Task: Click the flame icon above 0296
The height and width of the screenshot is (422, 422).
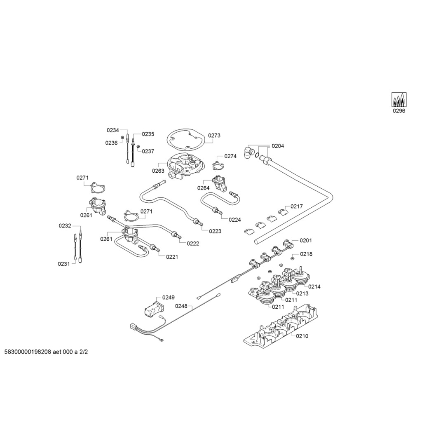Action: point(399,100)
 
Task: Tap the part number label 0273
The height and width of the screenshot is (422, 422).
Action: point(214,135)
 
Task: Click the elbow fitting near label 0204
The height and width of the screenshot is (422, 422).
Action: point(249,152)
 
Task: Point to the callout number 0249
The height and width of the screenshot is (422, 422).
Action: point(169,298)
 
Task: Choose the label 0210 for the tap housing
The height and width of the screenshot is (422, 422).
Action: point(302,336)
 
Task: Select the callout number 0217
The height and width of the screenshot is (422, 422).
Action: point(297,206)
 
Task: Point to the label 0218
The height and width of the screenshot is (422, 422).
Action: point(306,254)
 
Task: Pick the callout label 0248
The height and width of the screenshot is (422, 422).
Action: point(181,306)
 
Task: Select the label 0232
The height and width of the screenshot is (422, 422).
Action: point(65,226)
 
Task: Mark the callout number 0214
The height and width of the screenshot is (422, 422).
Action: point(314,287)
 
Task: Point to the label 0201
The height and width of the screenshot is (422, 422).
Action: point(306,240)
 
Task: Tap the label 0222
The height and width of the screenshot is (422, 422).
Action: point(193,244)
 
